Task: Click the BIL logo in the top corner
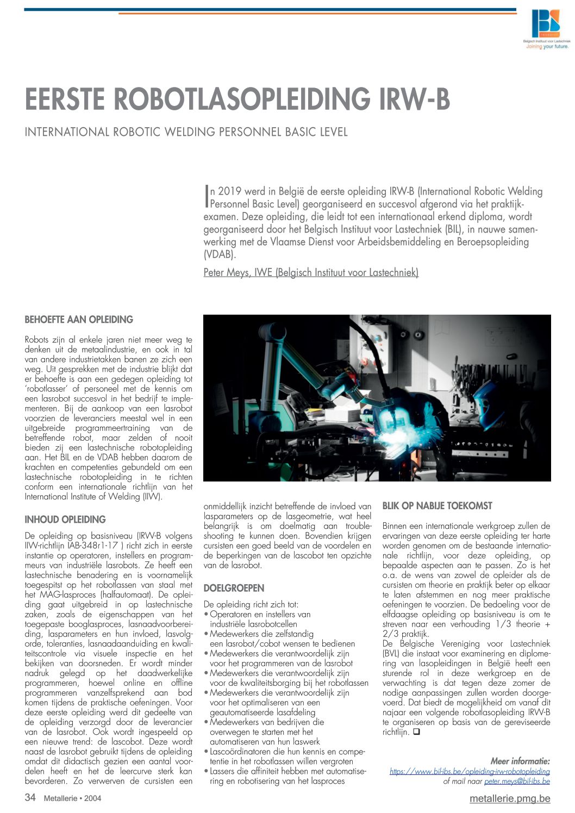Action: point(545,24)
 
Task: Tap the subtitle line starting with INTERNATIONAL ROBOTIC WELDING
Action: point(186,132)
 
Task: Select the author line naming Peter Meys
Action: point(311,272)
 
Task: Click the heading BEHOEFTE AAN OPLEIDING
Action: point(79,320)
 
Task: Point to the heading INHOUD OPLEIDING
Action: point(65,519)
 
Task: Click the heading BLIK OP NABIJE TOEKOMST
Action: point(437,506)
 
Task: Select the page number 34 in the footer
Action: point(30,798)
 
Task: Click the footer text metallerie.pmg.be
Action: point(509,798)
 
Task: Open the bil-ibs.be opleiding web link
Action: point(470,771)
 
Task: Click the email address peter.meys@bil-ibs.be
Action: point(517,781)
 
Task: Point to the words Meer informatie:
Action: point(520,761)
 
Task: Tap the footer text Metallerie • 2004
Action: point(72,798)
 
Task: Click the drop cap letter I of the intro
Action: point(207,196)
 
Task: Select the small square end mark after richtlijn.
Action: point(416,732)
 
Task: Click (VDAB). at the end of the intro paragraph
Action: point(220,254)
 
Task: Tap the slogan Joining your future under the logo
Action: point(547,47)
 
